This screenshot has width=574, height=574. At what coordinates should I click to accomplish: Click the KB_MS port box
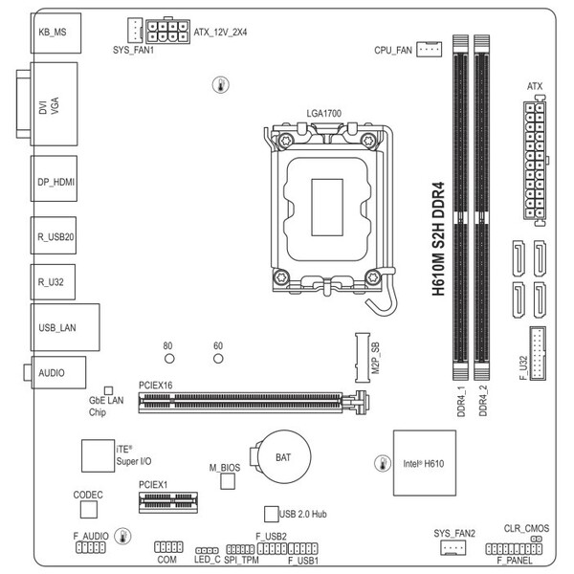click(56, 33)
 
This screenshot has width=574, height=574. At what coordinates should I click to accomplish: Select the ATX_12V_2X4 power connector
click(167, 32)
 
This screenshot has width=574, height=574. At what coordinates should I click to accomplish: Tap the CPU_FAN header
click(429, 49)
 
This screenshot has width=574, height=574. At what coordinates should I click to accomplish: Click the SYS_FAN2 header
click(453, 547)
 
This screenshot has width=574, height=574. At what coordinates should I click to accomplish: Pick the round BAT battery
click(284, 457)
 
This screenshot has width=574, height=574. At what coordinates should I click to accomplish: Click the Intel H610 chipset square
click(425, 463)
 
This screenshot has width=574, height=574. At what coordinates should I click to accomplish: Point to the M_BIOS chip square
click(228, 481)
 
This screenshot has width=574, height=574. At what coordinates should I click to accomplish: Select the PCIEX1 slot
click(168, 502)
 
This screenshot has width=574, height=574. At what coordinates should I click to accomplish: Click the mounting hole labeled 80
click(169, 359)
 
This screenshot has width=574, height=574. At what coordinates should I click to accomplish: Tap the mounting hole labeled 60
click(218, 359)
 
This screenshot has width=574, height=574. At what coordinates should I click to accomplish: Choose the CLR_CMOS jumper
click(537, 539)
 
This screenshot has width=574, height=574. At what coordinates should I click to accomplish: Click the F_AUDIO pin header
click(91, 547)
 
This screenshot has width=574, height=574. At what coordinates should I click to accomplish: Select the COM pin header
click(168, 547)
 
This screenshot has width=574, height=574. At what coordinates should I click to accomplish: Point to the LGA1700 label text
click(324, 114)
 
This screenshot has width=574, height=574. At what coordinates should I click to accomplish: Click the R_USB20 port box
click(54, 235)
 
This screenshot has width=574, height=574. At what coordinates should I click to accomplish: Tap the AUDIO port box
click(58, 373)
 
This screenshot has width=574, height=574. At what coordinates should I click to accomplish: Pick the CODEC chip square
click(89, 509)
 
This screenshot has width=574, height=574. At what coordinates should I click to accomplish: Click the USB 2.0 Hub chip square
click(272, 514)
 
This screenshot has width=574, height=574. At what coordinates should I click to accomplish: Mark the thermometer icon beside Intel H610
click(383, 463)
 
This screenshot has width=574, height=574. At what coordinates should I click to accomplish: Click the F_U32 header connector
click(538, 354)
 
